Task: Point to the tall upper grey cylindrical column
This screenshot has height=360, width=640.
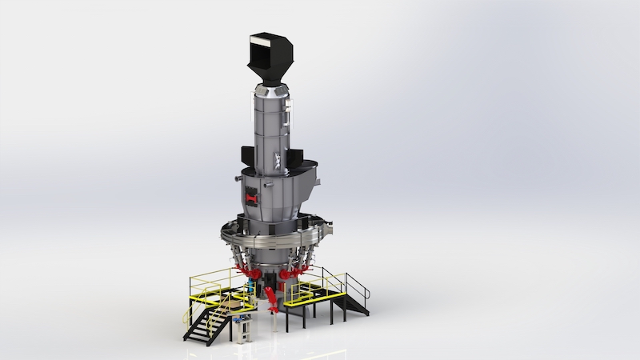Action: [x=272, y=132]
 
